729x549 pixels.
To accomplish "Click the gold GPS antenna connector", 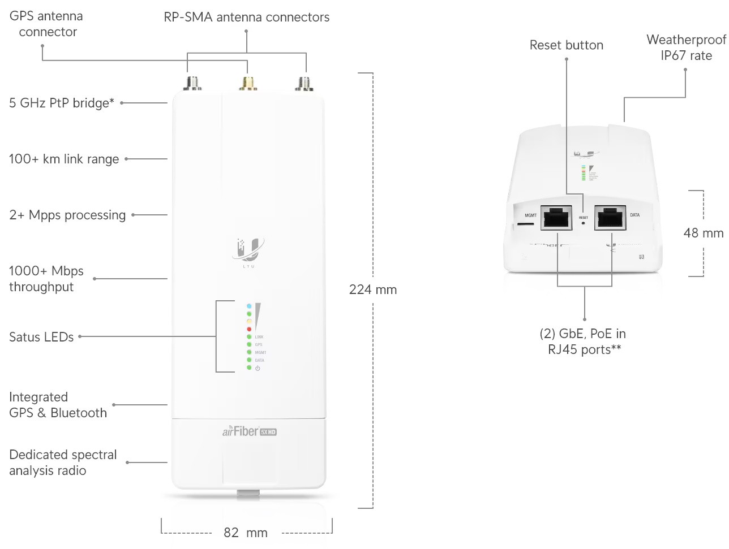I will (248, 83).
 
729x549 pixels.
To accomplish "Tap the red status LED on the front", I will (249, 329).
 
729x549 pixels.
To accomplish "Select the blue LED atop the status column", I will (249, 306).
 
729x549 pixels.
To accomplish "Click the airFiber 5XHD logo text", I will (249, 431).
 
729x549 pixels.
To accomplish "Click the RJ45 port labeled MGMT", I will (556, 218).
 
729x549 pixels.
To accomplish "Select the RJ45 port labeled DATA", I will (610, 218).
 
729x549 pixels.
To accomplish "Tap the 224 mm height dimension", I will (373, 289).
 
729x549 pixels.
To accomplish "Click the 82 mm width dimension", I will (246, 533).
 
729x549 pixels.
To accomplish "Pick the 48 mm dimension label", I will (704, 233).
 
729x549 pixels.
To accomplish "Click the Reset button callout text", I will (566, 45).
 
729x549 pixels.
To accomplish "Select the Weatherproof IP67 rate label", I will (686, 47).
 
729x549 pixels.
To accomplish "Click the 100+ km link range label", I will (64, 159).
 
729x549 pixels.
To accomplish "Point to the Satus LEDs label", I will (41, 337).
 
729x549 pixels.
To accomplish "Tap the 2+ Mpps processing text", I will (67, 215).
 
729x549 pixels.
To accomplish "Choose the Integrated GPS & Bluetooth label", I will (58, 405).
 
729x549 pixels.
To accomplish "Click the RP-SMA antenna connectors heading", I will (246, 18).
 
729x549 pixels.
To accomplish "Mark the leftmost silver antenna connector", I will (193, 83).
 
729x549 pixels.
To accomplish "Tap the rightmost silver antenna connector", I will (305, 83).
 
